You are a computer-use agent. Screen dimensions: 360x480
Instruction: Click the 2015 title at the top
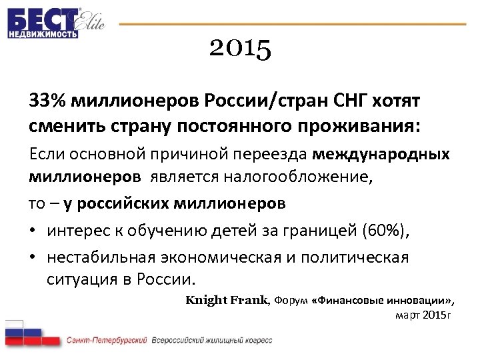pyautogui.click(x=240, y=49)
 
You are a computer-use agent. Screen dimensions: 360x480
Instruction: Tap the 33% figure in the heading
pyautogui.click(x=47, y=101)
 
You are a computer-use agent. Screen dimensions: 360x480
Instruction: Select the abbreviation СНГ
pyautogui.click(x=348, y=101)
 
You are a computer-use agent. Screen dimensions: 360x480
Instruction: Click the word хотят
pyautogui.click(x=397, y=101)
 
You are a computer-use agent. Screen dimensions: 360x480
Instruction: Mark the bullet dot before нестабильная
pyautogui.click(x=33, y=257)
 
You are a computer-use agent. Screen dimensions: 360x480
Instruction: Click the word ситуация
pyautogui.click(x=79, y=278)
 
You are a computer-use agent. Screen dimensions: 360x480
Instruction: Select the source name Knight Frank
pyautogui.click(x=226, y=300)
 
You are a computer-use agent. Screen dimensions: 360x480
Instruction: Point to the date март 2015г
pyautogui.click(x=423, y=314)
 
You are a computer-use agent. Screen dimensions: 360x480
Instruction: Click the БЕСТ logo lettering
pyautogui.click(x=42, y=18)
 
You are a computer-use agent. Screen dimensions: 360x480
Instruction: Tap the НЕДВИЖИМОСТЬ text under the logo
pyautogui.click(x=43, y=34)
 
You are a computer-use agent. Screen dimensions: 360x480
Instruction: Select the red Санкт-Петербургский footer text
pyautogui.click(x=107, y=341)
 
